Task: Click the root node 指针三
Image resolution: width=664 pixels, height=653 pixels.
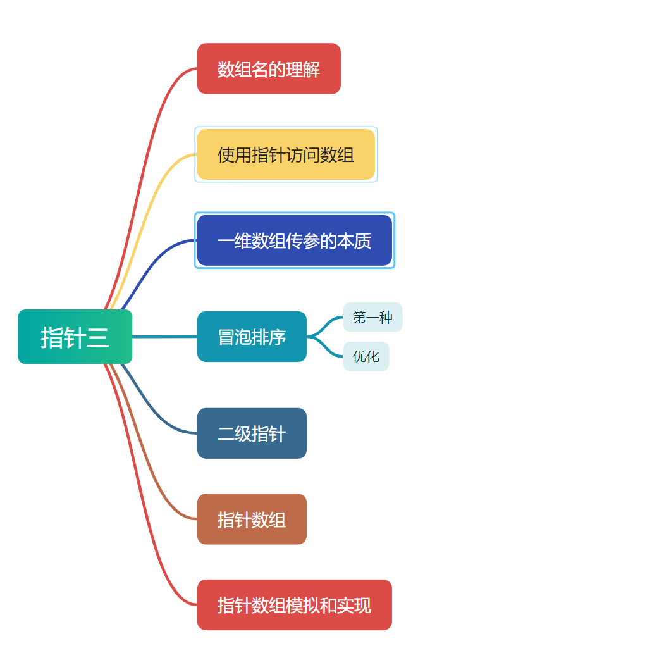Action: coord(75,337)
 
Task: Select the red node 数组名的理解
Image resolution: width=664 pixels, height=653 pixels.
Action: coord(269,68)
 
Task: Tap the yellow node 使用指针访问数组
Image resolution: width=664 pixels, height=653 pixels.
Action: coord(286,154)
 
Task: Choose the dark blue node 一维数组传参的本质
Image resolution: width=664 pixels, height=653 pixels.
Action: coord(294,240)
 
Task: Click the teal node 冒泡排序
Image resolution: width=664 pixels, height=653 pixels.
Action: coord(252,337)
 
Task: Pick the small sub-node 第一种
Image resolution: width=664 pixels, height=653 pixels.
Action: coord(372,317)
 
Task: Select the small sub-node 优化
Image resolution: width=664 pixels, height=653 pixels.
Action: coord(366,356)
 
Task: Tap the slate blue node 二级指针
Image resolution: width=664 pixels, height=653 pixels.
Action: coord(252,433)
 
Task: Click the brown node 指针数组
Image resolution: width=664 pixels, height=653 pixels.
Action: coord(252,519)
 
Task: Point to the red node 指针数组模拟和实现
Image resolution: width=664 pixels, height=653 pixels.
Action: coord(294,605)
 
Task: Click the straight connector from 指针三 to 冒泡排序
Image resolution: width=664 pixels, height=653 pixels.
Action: coord(164,337)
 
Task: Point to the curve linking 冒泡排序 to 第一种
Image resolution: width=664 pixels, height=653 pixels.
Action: coord(326,323)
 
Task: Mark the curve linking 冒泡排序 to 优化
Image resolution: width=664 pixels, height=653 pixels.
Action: coord(326,350)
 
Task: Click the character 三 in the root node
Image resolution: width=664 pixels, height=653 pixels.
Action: coord(98,337)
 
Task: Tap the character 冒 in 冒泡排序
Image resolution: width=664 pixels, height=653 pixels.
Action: coord(226,337)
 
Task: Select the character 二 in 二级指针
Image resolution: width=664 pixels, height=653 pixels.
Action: coord(226,434)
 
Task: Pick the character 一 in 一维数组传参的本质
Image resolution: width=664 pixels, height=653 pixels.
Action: coord(226,241)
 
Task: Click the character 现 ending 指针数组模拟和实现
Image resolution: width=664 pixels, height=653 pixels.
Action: coord(362,606)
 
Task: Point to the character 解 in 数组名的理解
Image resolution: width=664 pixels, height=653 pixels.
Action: coord(312,69)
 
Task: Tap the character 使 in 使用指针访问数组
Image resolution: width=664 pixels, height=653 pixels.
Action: coord(226,155)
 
